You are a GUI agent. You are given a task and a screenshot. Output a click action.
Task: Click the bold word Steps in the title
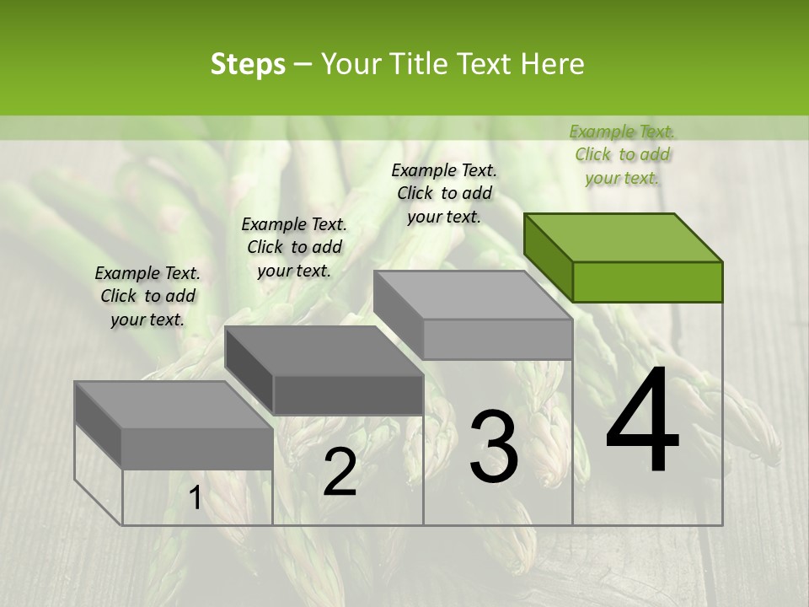pos(248,64)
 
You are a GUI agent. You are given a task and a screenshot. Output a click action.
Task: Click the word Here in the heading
pos(553,64)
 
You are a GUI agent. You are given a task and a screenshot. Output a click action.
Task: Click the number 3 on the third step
pos(494,447)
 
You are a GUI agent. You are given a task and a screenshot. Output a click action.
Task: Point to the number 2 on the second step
pos(340,472)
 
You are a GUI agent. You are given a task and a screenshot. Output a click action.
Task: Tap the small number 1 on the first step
pos(195,498)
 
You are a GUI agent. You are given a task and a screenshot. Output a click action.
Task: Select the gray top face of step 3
pos(473,295)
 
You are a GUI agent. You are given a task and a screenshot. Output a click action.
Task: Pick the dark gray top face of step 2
pos(324,351)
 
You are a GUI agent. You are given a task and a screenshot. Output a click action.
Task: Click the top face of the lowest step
pos(174,405)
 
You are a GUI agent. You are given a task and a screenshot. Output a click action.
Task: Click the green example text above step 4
pos(622,154)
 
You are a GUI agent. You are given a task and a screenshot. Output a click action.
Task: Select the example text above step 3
pos(444,193)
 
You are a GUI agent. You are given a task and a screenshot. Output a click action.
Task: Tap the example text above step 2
pos(294,247)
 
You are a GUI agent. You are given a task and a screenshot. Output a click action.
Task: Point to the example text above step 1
pos(147,296)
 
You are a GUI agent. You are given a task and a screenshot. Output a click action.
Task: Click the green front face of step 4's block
pos(647,282)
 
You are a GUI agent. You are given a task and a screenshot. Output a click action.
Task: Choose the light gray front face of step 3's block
pos(497,339)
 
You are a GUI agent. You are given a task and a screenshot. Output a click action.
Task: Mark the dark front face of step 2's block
pos(348,395)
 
